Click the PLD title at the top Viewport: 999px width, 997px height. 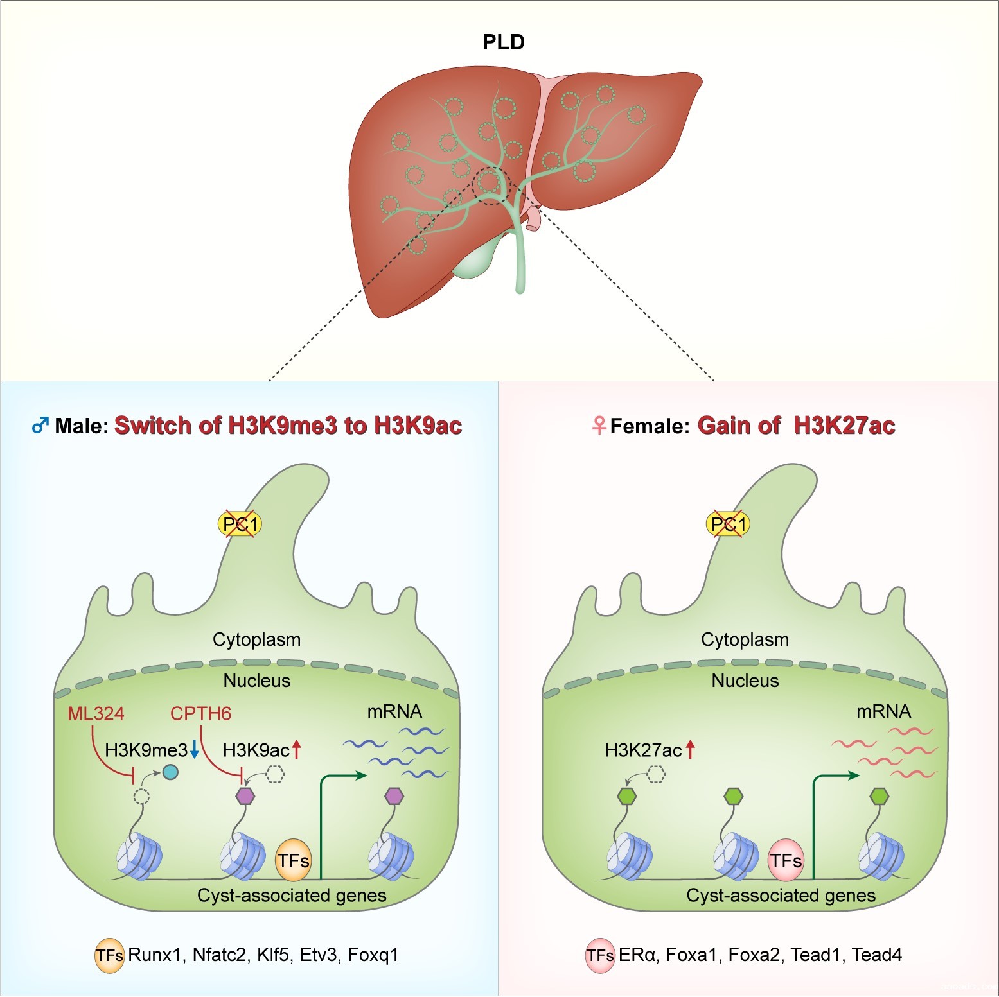(504, 42)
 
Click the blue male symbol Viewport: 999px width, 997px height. (40, 425)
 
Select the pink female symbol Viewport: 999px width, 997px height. (599, 425)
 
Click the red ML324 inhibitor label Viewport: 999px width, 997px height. (96, 713)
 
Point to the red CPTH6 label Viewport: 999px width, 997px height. (200, 713)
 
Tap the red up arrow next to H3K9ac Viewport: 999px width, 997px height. (296, 749)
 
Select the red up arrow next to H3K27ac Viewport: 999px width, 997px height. (690, 749)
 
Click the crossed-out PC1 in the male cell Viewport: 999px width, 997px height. (240, 525)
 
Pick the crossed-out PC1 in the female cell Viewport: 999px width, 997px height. (728, 525)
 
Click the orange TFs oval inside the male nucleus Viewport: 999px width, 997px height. (293, 860)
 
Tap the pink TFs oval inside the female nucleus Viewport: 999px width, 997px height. (786, 860)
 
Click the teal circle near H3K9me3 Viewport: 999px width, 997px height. (170, 772)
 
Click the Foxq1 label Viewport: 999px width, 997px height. (373, 955)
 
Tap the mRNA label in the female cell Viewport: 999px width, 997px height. (883, 711)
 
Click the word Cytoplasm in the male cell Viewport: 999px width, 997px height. (256, 639)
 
